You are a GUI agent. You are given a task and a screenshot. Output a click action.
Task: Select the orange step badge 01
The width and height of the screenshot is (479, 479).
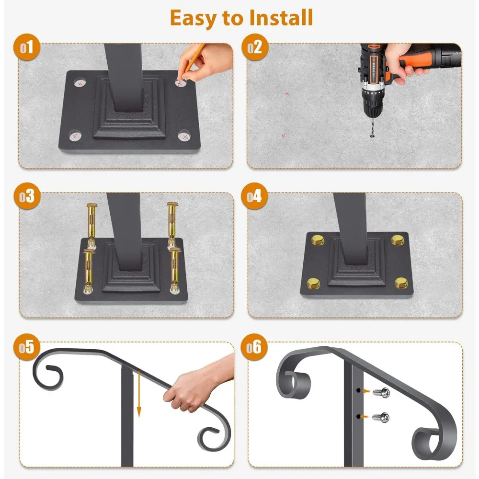click(x=27, y=47)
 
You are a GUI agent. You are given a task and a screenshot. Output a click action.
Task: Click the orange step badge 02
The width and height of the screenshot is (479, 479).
click(x=255, y=47)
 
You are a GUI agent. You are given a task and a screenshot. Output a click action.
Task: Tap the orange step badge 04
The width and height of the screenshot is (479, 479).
click(x=254, y=196)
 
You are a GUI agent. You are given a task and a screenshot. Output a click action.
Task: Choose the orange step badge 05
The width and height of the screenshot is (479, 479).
click(x=26, y=347)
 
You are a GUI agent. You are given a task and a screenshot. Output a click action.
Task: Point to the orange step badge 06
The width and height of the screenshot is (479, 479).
click(x=254, y=347)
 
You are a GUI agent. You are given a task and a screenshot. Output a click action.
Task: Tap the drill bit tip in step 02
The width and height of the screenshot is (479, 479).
click(x=372, y=137)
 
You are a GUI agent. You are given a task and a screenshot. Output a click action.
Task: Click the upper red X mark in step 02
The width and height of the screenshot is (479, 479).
click(x=287, y=94)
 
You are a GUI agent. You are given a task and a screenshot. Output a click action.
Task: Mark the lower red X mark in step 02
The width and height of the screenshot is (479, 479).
click(x=284, y=136)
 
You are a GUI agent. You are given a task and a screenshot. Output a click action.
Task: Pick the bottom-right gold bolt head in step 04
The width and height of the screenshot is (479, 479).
click(x=401, y=283)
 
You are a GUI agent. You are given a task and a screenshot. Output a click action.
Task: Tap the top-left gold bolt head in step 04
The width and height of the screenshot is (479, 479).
click(x=318, y=240)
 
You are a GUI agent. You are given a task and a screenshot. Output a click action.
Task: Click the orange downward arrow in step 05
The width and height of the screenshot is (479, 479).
click(x=139, y=394)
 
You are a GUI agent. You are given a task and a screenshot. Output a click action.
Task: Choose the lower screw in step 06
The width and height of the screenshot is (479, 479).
click(x=381, y=417)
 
